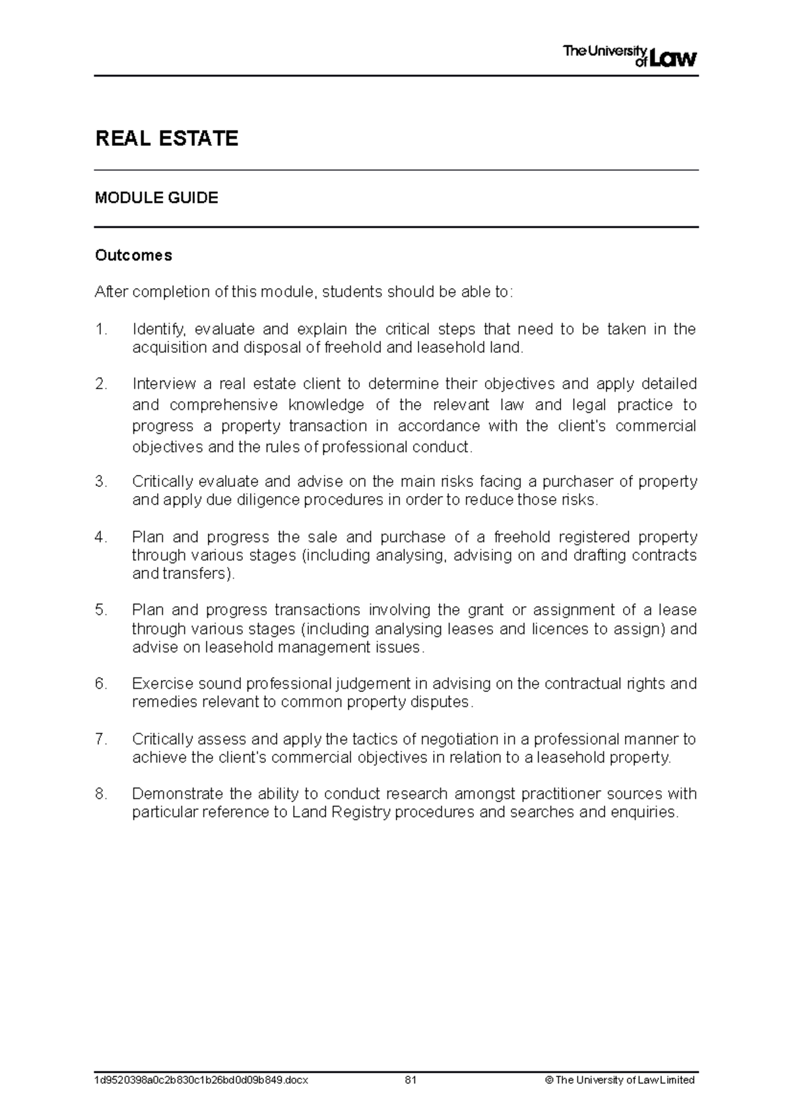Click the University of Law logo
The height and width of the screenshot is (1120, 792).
tap(629, 57)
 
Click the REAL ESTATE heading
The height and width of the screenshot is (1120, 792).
tap(166, 139)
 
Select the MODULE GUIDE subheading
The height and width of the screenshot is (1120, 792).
tap(156, 198)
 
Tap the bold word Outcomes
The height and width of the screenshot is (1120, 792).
tap(133, 255)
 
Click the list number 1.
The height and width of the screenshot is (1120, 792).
tap(100, 329)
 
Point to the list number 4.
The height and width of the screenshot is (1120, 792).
tap(100, 537)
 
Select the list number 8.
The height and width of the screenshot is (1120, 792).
tap(100, 793)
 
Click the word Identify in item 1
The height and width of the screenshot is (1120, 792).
tap(159, 329)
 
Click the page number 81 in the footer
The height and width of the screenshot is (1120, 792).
tap(411, 1080)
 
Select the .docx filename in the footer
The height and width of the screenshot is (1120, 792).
tap(201, 1080)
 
